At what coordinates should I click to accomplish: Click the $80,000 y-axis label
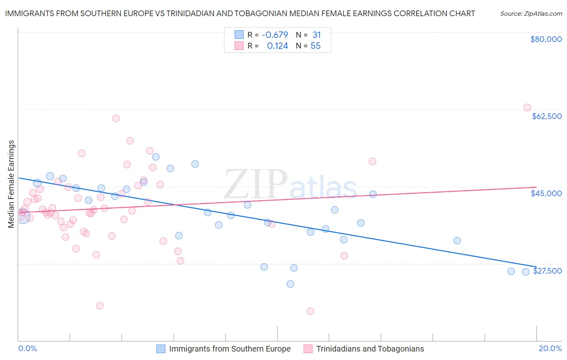546,39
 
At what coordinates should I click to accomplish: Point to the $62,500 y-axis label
546,116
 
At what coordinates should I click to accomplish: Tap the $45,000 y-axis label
546,193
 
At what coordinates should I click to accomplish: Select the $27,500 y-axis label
547,271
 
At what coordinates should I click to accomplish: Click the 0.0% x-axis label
27,348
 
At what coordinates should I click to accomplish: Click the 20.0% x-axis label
550,348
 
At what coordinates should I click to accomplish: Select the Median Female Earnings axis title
11,184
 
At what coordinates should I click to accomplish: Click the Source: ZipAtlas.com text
531,13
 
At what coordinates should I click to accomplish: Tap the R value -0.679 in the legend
275,35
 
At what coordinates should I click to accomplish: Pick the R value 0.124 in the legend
277,46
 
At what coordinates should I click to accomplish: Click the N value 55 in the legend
315,46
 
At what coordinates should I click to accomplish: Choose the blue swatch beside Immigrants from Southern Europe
161,349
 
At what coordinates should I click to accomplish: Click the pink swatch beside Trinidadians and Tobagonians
308,349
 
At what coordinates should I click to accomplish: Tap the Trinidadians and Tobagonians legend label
370,349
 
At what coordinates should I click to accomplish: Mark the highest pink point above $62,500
527,107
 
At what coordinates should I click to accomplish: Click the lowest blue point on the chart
290,284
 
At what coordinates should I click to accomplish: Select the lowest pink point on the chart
311,311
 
